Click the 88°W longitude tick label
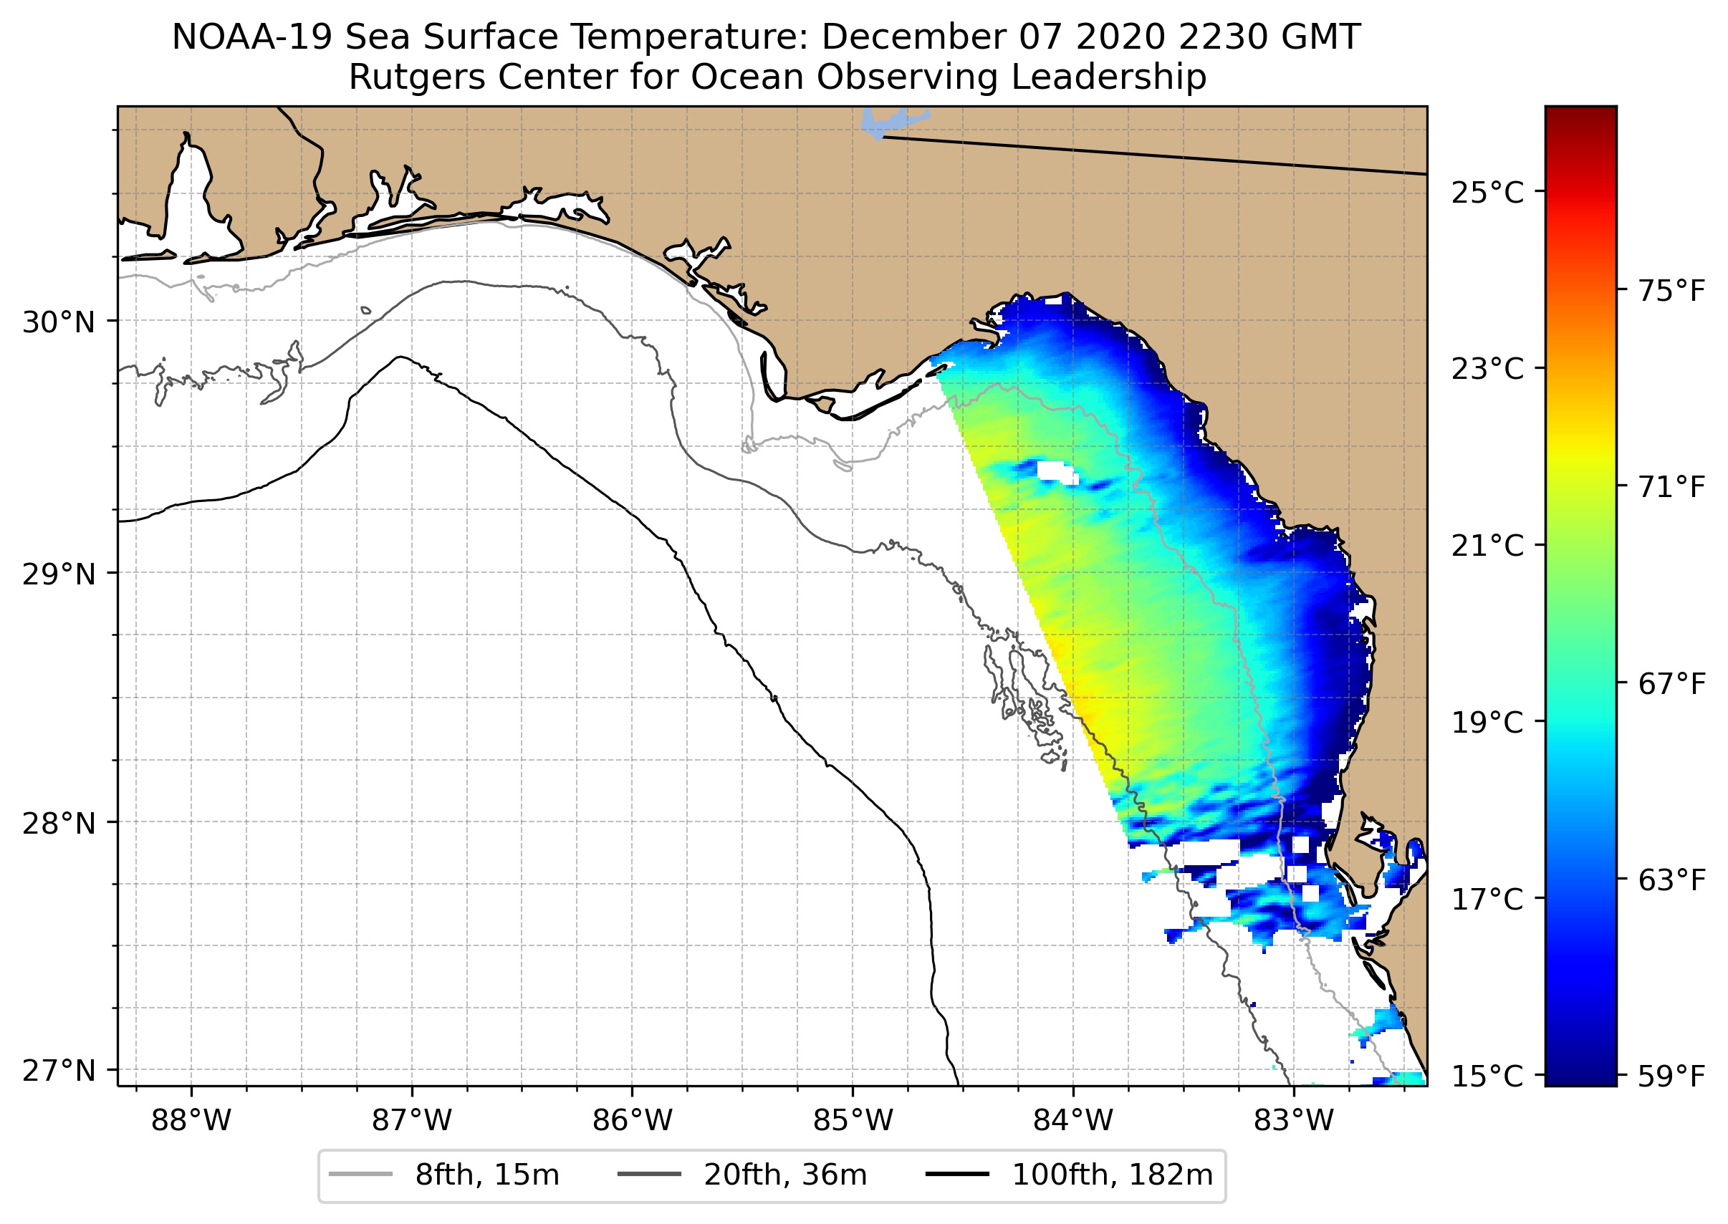coord(191,1121)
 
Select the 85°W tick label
coord(853,1121)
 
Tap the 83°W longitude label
coord(1294,1121)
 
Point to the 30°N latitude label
coord(59,322)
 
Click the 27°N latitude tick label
coord(59,1070)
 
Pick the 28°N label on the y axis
coord(59,824)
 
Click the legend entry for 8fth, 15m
coord(486,1175)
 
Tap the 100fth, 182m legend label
coord(1111,1175)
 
